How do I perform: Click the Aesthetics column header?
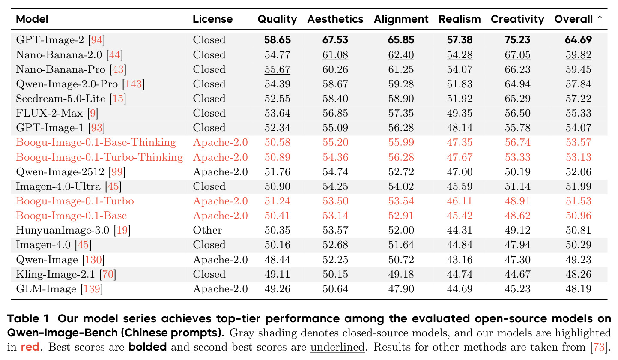[335, 19]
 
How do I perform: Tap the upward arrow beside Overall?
[600, 20]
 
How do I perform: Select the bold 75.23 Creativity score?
[518, 40]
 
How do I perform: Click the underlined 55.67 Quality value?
[277, 69]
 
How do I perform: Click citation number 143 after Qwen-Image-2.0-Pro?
[134, 84]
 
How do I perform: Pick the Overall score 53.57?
[578, 142]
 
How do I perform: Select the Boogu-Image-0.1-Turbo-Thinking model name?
[99, 157]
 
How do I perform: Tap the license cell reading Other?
[207, 230]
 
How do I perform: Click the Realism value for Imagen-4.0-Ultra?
[460, 186]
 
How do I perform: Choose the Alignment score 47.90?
[401, 289]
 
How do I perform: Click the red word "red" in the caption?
[30, 347]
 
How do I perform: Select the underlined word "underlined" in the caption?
[337, 347]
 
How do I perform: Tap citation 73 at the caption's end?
[599, 347]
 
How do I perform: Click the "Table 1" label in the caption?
[28, 318]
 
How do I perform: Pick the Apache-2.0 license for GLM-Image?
[220, 289]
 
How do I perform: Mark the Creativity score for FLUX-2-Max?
[518, 113]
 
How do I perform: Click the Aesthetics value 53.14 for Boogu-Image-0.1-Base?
[335, 216]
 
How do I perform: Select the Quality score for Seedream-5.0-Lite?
[277, 99]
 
